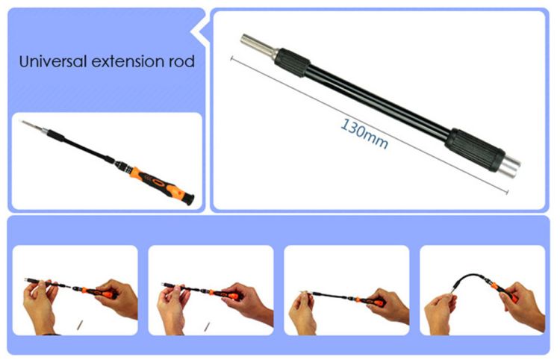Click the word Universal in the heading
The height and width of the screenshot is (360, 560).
(x=53, y=61)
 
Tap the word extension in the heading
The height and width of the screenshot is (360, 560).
(x=128, y=62)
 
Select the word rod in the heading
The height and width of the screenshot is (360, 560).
(x=181, y=61)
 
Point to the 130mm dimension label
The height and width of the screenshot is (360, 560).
(x=364, y=133)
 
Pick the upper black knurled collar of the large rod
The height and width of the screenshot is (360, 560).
(x=292, y=63)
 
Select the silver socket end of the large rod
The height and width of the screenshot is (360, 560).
(x=511, y=167)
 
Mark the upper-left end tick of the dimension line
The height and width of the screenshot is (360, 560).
(x=231, y=58)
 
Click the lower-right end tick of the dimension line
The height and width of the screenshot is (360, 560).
(x=507, y=193)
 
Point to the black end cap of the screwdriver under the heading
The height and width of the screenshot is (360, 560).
(x=189, y=199)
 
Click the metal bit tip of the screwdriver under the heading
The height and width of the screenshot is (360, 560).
(x=32, y=126)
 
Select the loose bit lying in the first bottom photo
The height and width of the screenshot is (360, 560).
(x=80, y=326)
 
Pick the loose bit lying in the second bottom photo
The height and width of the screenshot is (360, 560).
(x=207, y=326)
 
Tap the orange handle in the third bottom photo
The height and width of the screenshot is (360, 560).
(x=370, y=302)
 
